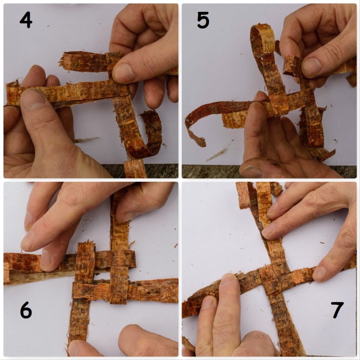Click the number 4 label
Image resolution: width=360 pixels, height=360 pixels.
(26, 21)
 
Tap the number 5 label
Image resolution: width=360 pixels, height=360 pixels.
(203, 21)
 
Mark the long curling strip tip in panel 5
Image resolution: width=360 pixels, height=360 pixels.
(199, 141)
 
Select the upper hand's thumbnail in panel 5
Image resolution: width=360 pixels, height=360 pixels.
(311, 67)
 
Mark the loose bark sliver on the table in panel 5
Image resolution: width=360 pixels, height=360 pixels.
(216, 155)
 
